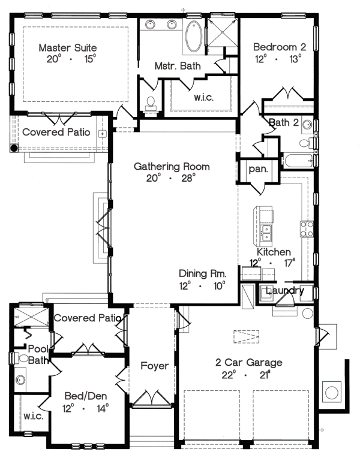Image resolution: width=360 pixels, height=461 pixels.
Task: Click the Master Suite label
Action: [68, 47]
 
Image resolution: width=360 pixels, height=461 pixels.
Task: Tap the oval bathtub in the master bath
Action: [194, 36]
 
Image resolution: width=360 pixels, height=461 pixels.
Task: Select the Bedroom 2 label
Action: [280, 47]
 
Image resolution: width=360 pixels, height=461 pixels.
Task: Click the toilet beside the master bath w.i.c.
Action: [151, 104]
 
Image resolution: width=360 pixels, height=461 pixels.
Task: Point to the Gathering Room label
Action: [172, 167]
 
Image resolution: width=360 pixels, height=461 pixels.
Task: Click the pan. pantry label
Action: [259, 169]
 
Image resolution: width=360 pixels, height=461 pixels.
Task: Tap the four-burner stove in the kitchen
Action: [307, 229]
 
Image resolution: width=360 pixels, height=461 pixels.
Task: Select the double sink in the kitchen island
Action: [266, 233]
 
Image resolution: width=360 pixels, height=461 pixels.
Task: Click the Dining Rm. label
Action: [203, 274]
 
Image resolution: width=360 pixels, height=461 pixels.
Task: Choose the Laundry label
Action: [284, 291]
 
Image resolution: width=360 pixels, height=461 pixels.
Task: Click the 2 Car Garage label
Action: [249, 363]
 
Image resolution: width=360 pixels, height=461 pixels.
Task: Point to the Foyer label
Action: [155, 366]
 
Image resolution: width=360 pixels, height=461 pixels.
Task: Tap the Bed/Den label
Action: [86, 396]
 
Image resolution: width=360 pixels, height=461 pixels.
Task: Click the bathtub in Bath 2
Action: [298, 161]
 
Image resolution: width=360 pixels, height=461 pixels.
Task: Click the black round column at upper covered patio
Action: [14, 147]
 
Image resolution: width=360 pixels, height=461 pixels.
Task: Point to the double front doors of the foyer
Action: [152, 399]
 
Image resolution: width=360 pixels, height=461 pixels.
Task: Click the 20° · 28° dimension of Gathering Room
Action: [171, 178]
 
